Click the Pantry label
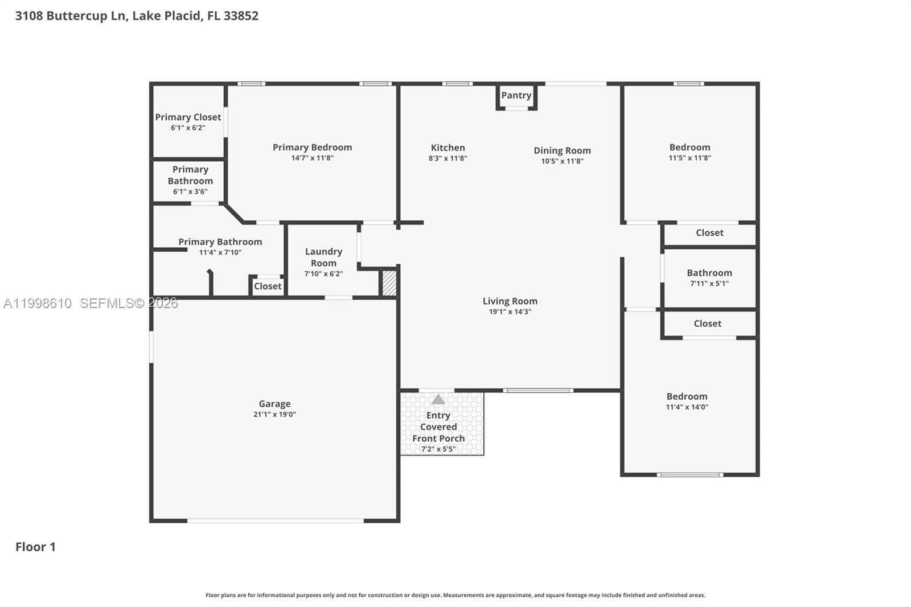click(x=516, y=95)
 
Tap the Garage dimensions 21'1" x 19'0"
click(x=274, y=415)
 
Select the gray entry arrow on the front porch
click(x=438, y=400)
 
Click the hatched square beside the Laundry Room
click(x=389, y=283)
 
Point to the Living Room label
click(x=510, y=301)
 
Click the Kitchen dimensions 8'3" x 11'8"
click(x=448, y=158)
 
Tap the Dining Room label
click(x=562, y=150)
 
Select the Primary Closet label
click(x=188, y=117)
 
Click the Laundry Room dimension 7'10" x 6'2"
click(x=323, y=274)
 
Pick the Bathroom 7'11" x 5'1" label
click(x=709, y=273)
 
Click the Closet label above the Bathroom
click(x=709, y=233)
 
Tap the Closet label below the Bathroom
click(x=707, y=323)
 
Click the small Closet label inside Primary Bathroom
click(x=268, y=286)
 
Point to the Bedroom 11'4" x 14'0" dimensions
click(x=687, y=407)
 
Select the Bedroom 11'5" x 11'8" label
click(x=690, y=147)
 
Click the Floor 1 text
click(x=35, y=547)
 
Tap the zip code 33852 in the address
click(x=241, y=16)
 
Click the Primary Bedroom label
click(x=312, y=147)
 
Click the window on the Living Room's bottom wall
click(x=537, y=391)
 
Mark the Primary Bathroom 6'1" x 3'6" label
click(x=190, y=175)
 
